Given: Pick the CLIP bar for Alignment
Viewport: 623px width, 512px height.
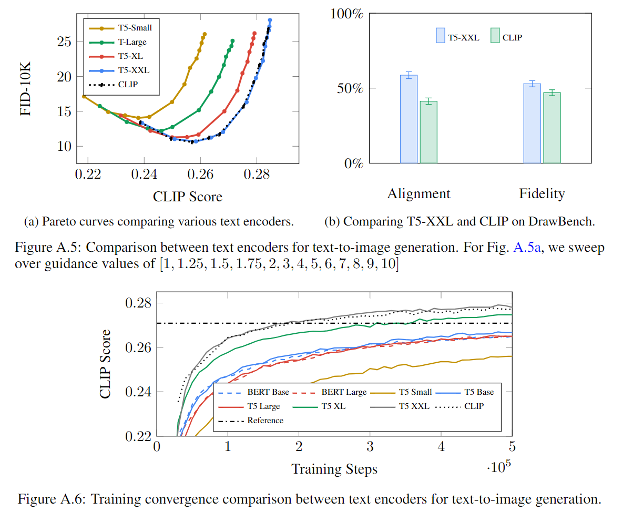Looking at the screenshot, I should (428, 132).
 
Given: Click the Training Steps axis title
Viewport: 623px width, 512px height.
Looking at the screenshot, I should (334, 468).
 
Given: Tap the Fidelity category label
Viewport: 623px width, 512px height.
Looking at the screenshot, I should (542, 193).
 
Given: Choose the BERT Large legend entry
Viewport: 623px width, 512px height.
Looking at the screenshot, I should (336, 392).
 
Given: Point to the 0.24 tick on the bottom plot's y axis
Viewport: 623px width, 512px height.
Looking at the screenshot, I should (140, 392).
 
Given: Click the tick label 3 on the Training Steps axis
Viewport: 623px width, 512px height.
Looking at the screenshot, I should (370, 447).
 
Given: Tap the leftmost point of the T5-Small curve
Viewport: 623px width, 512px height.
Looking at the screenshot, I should (84, 96).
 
